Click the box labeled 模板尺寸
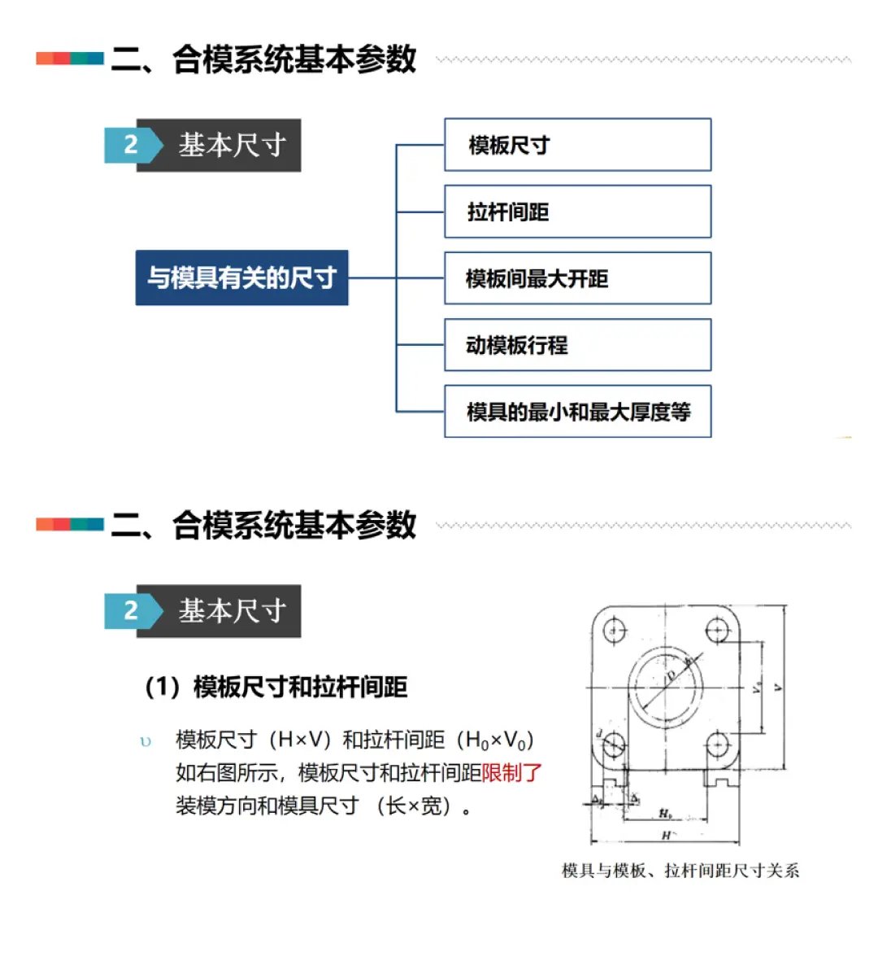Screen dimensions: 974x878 (577, 145)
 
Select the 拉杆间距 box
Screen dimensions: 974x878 (577, 212)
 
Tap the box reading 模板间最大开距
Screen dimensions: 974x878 (577, 278)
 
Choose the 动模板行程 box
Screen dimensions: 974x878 (577, 345)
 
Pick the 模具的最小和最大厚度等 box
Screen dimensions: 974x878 (577, 412)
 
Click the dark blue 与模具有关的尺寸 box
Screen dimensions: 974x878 (241, 277)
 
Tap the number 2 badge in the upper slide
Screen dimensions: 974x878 (130, 145)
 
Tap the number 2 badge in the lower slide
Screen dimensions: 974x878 (130, 610)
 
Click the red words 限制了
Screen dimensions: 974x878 (511, 772)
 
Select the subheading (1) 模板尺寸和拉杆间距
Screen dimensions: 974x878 (276, 687)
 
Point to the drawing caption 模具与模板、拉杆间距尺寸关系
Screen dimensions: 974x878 (680, 871)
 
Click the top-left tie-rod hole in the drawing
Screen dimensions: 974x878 (615, 630)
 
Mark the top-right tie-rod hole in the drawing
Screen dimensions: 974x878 (717, 630)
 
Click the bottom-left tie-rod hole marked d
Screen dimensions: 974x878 (614, 743)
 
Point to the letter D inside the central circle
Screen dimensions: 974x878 (670, 675)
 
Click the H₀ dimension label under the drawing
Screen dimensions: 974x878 (665, 813)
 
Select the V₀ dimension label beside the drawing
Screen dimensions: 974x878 (756, 688)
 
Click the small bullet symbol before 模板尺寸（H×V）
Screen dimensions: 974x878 (146, 741)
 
